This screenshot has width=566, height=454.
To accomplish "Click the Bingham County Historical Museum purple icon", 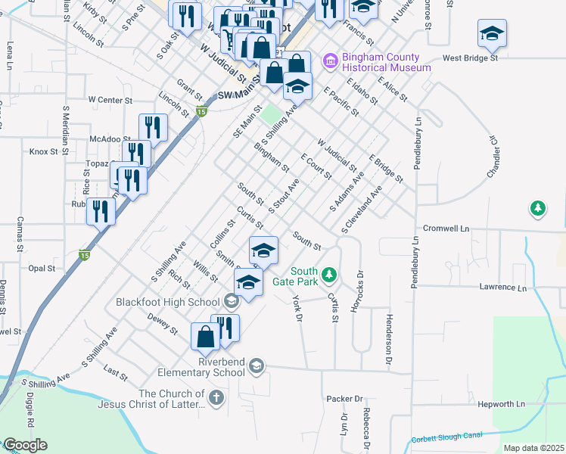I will [330, 61].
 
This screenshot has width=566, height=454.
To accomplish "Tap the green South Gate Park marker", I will [328, 273].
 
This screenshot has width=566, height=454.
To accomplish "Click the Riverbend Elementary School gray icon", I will [257, 366].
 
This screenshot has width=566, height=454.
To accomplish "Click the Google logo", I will [24, 445].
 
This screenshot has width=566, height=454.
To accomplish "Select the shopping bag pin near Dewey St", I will [206, 337].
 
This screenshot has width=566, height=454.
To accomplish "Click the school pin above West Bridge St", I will [492, 34].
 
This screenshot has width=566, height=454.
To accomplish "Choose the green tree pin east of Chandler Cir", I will [537, 207].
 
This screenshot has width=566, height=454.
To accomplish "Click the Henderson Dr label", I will [389, 331].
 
